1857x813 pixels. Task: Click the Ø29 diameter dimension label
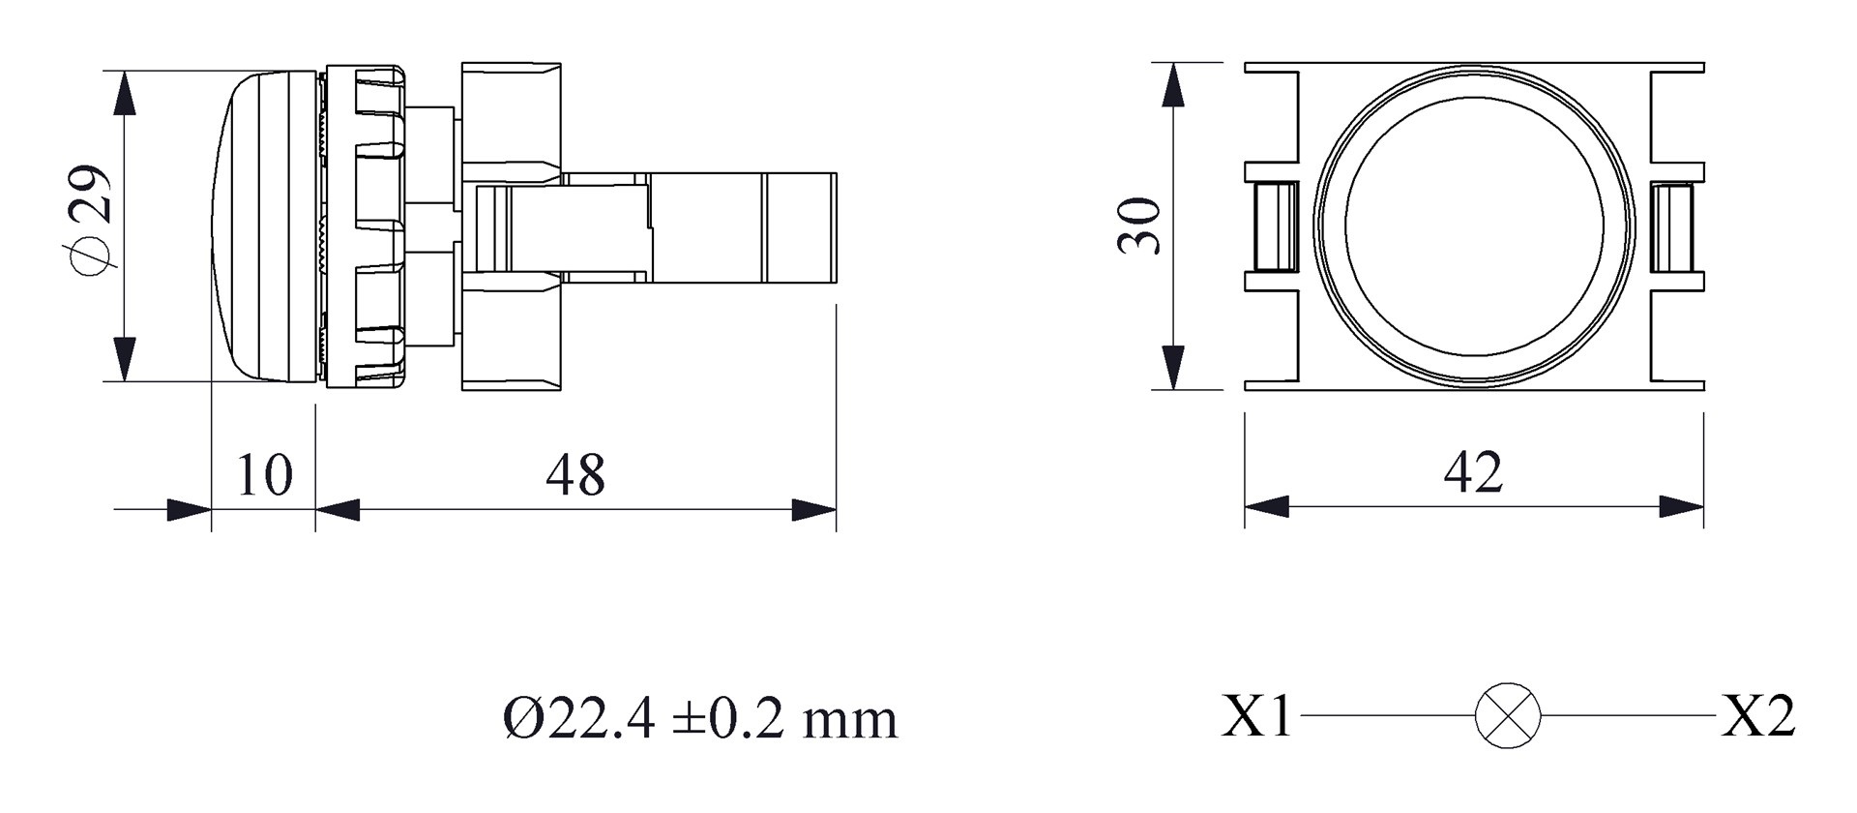[92, 221]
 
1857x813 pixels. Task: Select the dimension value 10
[263, 474]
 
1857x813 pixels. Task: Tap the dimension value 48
[575, 474]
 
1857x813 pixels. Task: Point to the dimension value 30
[1139, 226]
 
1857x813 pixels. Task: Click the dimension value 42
[1473, 472]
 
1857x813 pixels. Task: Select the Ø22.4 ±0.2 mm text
[700, 719]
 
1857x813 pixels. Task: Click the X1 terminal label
[1255, 717]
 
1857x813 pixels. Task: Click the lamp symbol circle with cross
[1507, 715]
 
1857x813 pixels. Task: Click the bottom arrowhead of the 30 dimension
[1172, 367]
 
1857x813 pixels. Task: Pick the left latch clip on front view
[1274, 227]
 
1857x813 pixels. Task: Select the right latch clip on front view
[1671, 227]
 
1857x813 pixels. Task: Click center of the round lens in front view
[1474, 225]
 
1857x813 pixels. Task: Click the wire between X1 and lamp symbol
[1388, 716]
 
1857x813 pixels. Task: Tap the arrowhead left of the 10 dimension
[189, 509]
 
